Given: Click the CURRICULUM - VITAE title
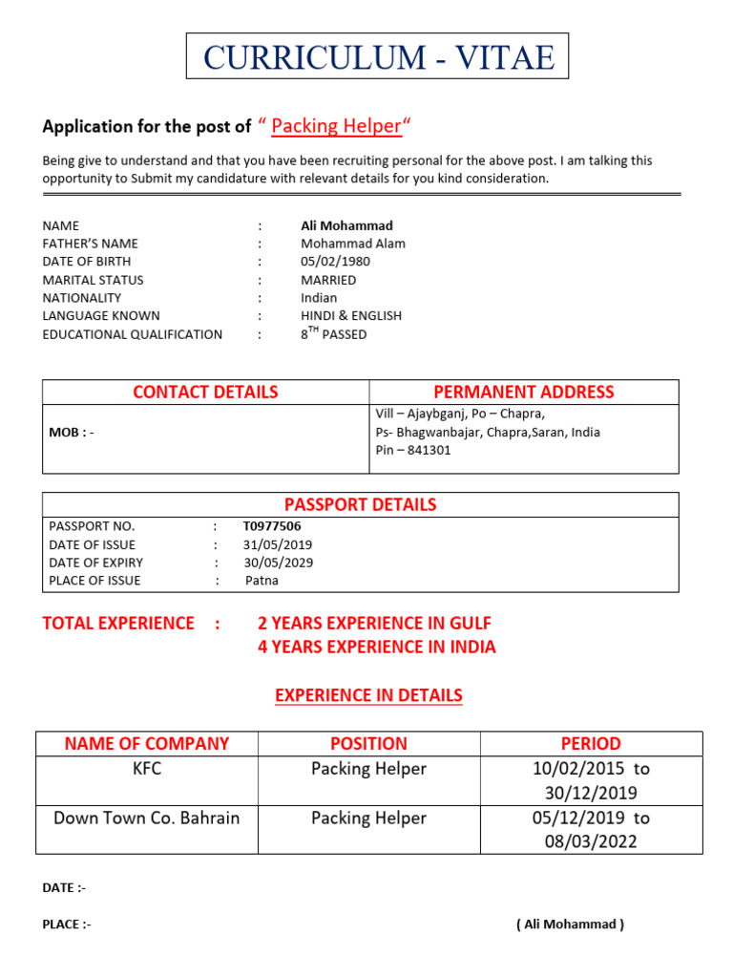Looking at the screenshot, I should click(x=378, y=57).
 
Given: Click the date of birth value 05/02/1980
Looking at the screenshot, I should click(x=335, y=262).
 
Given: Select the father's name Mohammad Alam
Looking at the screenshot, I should click(x=352, y=244).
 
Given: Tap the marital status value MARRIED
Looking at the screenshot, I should click(x=328, y=280).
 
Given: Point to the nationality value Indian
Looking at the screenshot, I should click(x=319, y=298).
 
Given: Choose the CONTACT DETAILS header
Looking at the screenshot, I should click(x=205, y=392).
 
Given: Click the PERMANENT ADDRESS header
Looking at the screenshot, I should click(x=523, y=392).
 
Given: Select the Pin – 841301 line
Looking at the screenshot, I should click(x=413, y=450).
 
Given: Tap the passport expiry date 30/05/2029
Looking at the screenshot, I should click(x=278, y=563).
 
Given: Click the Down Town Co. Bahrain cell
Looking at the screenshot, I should click(x=146, y=819).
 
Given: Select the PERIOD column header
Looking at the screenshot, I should click(x=591, y=743).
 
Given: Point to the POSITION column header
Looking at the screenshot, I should click(x=368, y=743).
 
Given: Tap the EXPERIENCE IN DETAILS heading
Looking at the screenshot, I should click(x=368, y=695).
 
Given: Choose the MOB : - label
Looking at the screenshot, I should click(x=72, y=433).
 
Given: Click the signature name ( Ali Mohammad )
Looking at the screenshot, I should click(x=570, y=925).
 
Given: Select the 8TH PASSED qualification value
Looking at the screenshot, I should click(x=333, y=334).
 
